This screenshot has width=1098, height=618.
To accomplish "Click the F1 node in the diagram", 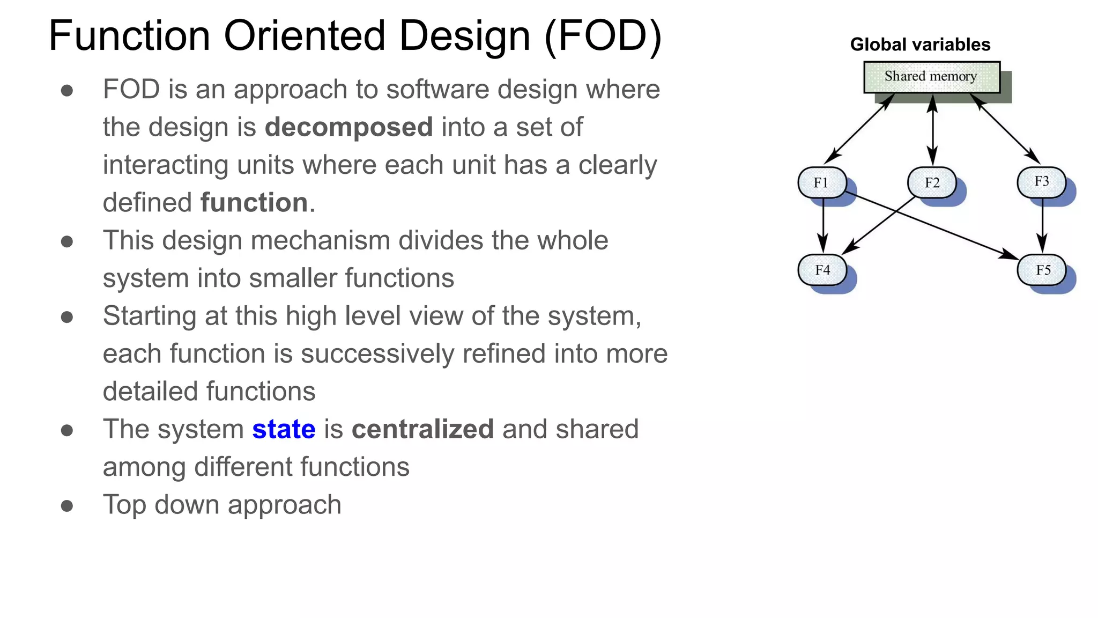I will (x=822, y=183).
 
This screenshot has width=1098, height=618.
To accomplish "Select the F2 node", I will (x=932, y=183).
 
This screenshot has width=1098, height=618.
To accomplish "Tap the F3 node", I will (x=1041, y=182).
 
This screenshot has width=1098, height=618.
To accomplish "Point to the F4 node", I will (x=822, y=270).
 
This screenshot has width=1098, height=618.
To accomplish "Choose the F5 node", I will (x=1042, y=270).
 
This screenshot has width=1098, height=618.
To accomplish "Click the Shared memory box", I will (x=931, y=77).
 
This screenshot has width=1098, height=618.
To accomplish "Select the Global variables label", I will (x=920, y=45).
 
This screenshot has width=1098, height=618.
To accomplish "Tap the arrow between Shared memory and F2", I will (x=933, y=130).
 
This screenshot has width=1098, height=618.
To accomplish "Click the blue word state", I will (x=284, y=429).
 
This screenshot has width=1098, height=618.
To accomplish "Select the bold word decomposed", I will (x=348, y=127).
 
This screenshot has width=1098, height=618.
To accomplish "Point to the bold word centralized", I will (x=422, y=429).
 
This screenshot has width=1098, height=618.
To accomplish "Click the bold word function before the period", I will (x=254, y=203).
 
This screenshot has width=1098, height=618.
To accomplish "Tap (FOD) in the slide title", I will (x=603, y=36).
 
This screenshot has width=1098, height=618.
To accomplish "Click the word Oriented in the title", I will (x=305, y=36).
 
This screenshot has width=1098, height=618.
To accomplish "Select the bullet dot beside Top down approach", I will (x=67, y=505).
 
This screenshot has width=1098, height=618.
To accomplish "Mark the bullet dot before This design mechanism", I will (x=67, y=241).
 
